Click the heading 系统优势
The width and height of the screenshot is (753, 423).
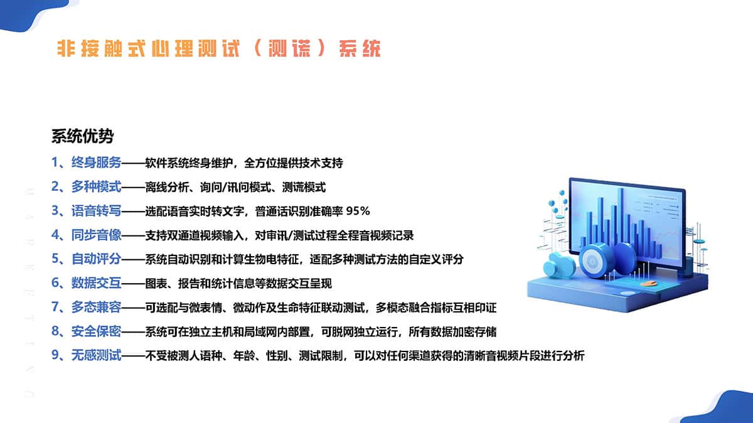pyautogui.click(x=82, y=136)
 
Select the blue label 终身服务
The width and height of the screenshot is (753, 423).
pyautogui.click(x=96, y=163)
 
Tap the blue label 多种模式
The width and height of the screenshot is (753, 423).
pyautogui.click(x=96, y=186)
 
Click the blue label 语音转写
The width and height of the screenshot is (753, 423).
pyautogui.click(x=96, y=211)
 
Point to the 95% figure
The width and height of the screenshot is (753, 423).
pyautogui.click(x=358, y=211)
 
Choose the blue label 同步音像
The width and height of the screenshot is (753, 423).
pyautogui.click(x=96, y=235)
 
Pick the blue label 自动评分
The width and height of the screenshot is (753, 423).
pyautogui.click(x=96, y=259)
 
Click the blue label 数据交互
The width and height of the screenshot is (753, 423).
pyautogui.click(x=96, y=283)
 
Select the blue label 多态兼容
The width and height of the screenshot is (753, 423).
pyautogui.click(x=96, y=308)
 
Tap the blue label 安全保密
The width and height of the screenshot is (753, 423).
pyautogui.click(x=96, y=331)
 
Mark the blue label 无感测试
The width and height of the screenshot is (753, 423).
pyautogui.click(x=96, y=355)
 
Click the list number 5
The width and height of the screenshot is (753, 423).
pyautogui.click(x=55, y=259)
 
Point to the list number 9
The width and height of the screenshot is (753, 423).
pyautogui.click(x=55, y=355)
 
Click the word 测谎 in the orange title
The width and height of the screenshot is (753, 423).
pyautogui.click(x=289, y=49)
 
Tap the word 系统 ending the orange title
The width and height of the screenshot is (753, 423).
pyautogui.click(x=360, y=49)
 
